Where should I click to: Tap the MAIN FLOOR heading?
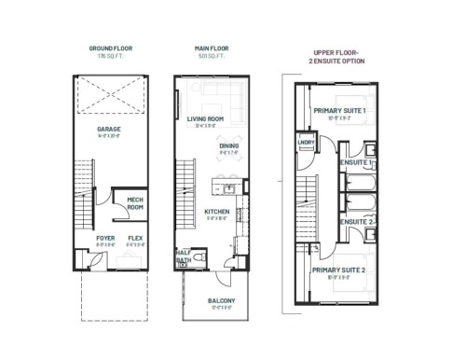pos(212,47)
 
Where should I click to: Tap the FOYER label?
pos(103,239)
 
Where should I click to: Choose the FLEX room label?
pos(135,239)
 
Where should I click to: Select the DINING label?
pos(228,147)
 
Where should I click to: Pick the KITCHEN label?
pos(216,213)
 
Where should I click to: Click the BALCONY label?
pos(222,300)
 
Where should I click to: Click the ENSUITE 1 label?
pos(358,164)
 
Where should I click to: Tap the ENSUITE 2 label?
pos(357,221)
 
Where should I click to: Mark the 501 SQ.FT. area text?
pos(212,55)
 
